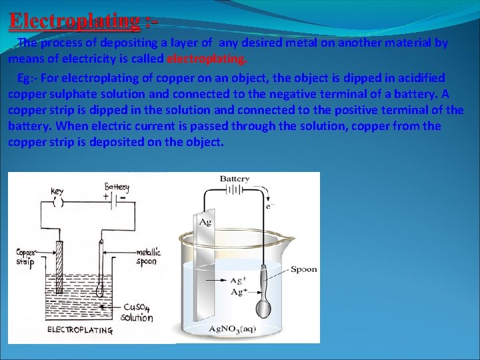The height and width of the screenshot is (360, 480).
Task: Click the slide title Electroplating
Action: pos(75,21)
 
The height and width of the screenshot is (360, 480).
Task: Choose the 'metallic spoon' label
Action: pos(148,257)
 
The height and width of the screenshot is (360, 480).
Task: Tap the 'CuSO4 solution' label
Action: pos(138,312)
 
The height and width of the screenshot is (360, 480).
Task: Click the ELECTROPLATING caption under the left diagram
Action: pos(79,330)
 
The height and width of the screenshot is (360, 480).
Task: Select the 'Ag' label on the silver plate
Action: pos(205,221)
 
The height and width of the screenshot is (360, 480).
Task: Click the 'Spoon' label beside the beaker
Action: pos(304,269)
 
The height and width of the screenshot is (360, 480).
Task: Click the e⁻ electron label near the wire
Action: pos(269,206)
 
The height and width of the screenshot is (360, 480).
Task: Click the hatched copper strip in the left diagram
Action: pos(59,267)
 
